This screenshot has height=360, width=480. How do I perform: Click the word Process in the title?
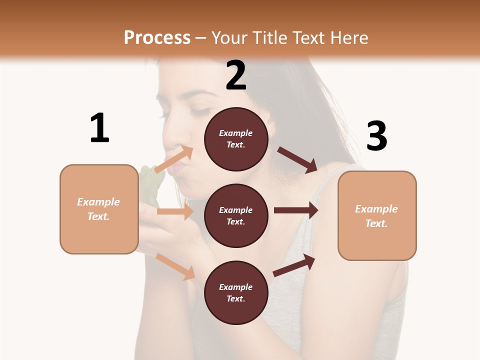[157, 37]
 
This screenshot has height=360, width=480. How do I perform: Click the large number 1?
[99, 128]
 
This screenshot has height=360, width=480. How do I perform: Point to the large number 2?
[236, 75]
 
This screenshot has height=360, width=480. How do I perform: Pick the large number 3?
[376, 136]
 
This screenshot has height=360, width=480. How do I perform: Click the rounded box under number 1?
[99, 209]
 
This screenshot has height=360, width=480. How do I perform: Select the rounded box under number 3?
[377, 215]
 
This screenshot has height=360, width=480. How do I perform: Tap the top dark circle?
[236, 139]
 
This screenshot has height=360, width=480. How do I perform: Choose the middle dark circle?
[236, 215]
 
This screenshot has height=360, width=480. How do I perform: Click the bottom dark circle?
[236, 292]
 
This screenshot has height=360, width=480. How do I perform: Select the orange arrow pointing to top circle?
[174, 159]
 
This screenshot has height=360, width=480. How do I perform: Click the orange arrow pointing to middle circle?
[174, 211]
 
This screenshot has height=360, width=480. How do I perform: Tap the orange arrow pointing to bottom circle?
[175, 266]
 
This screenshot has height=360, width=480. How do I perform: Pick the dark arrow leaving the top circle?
[297, 159]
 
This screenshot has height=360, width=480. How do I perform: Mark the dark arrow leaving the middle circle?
[295, 210]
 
